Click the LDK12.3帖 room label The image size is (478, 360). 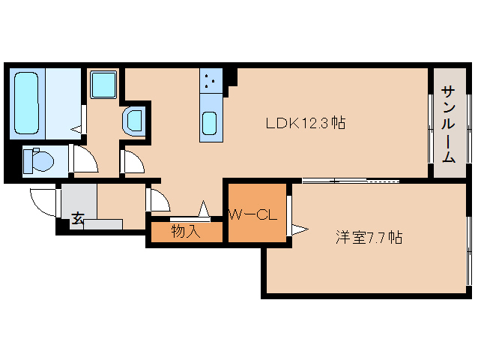pos(304,123)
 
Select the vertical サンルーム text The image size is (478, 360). pos(448,124)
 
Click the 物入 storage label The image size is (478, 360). pos(186,232)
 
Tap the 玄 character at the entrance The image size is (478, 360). pos(78,218)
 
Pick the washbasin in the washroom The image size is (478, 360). pos(135,120)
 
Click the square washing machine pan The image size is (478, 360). pos(103,85)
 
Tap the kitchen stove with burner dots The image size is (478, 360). pos(211,80)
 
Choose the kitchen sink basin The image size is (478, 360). pos(211,121)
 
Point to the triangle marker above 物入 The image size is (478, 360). pos(203,208)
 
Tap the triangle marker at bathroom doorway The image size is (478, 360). pos(76,129)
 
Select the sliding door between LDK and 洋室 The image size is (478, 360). pos(350,181)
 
